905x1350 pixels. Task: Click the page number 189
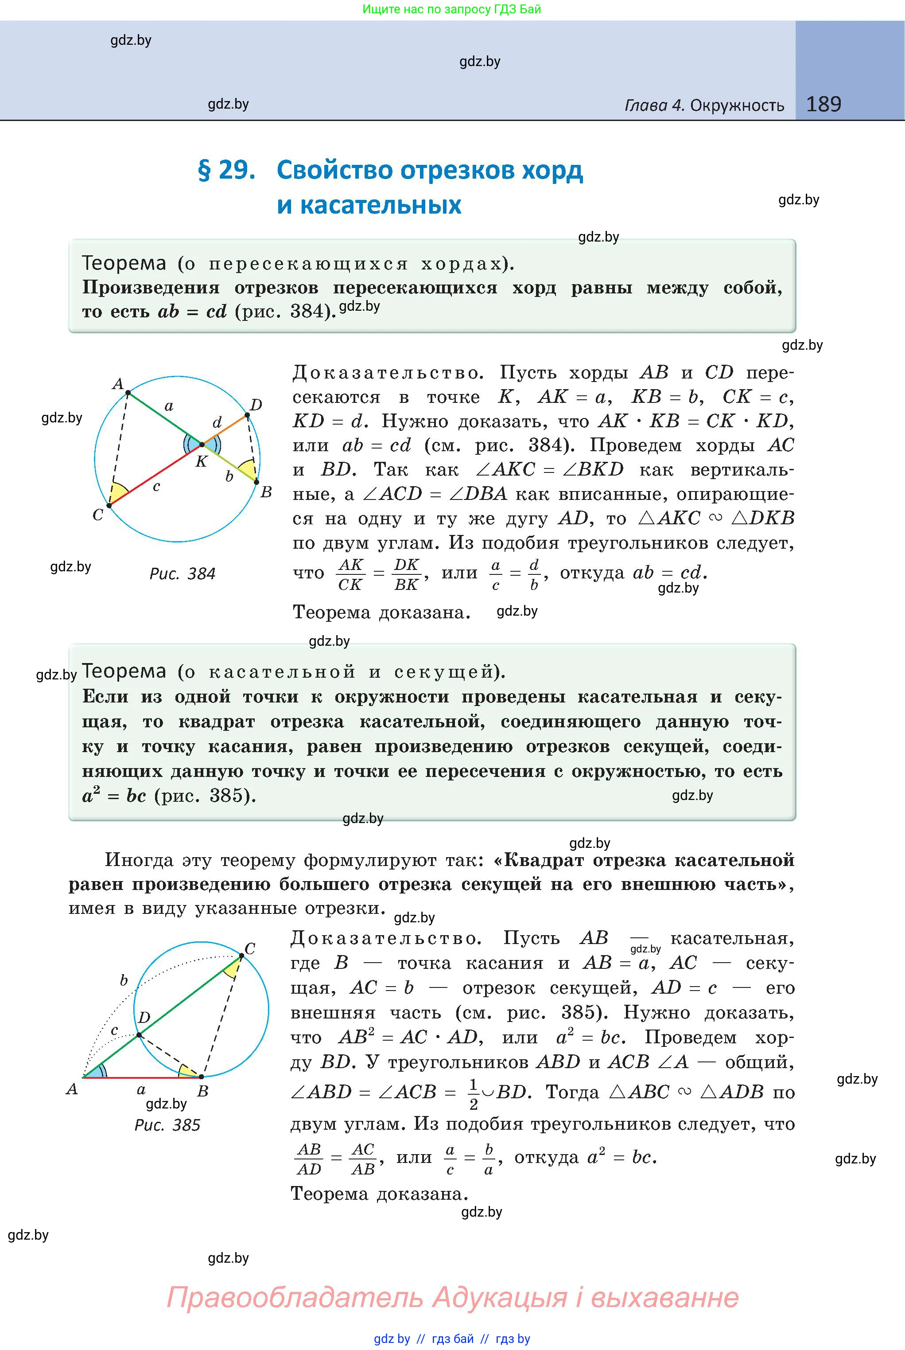(x=823, y=104)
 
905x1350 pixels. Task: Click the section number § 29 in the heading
(x=226, y=170)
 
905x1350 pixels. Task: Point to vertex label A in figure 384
(x=118, y=383)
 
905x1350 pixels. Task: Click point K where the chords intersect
(x=202, y=445)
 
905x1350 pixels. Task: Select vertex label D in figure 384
(x=256, y=405)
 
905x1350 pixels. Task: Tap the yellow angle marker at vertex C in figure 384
(x=118, y=494)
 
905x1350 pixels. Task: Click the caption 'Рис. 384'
(x=183, y=574)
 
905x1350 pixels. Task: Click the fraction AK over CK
(x=350, y=574)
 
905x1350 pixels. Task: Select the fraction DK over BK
(x=406, y=574)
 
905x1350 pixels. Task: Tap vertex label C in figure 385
(x=250, y=949)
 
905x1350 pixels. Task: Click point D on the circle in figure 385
(x=140, y=1035)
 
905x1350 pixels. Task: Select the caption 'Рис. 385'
(x=167, y=1125)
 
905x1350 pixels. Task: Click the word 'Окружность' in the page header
(x=737, y=105)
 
